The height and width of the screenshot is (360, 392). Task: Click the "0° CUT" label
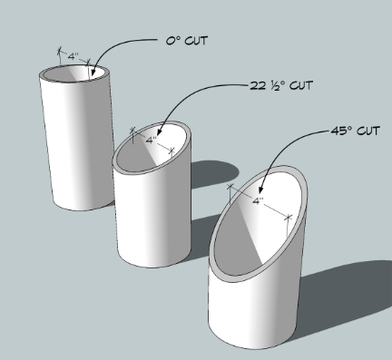pos(187,41)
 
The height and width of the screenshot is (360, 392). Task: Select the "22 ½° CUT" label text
pos(281,85)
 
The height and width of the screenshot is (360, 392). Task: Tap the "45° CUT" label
pos(356,131)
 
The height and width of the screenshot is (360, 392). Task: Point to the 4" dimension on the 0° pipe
pos(73,56)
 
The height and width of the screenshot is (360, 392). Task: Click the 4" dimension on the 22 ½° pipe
pos(152,140)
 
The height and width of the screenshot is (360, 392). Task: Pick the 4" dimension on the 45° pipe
pos(258,200)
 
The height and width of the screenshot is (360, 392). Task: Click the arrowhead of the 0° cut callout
pos(93,73)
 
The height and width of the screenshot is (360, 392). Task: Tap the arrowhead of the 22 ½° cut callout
pos(159,131)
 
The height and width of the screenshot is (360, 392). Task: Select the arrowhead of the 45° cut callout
pos(260,189)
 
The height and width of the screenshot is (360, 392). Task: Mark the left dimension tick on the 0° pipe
pos(60,51)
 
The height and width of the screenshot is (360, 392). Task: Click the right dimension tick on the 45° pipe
pos(289,217)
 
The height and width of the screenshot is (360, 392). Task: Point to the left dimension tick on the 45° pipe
pos(230,187)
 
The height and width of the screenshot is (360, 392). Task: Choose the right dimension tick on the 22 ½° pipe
pos(171,151)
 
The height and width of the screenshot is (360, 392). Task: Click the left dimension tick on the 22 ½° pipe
pos(132,131)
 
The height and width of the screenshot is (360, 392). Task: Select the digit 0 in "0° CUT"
pos(170,41)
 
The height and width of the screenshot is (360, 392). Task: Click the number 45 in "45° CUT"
pos(338,131)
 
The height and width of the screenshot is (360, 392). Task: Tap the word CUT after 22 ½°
pos(301,85)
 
